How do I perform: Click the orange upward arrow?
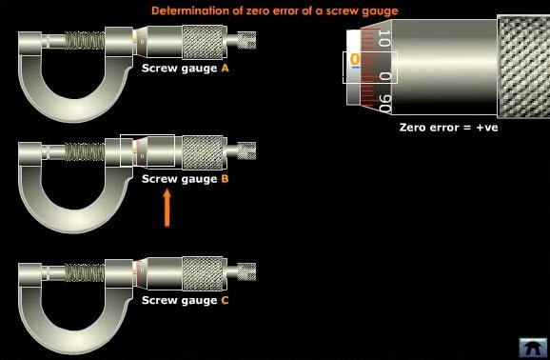pyautogui.click(x=167, y=209)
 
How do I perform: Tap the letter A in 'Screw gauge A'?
pyautogui.click(x=225, y=69)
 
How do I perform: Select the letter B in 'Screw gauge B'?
pyautogui.click(x=225, y=178)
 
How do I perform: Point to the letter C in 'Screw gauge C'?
pyautogui.click(x=225, y=300)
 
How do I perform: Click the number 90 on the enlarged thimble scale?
pyautogui.click(x=383, y=100)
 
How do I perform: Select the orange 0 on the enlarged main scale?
pyautogui.click(x=355, y=60)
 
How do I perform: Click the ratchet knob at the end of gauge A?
pyautogui.click(x=246, y=41)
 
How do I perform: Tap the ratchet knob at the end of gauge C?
pyautogui.click(x=246, y=273)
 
